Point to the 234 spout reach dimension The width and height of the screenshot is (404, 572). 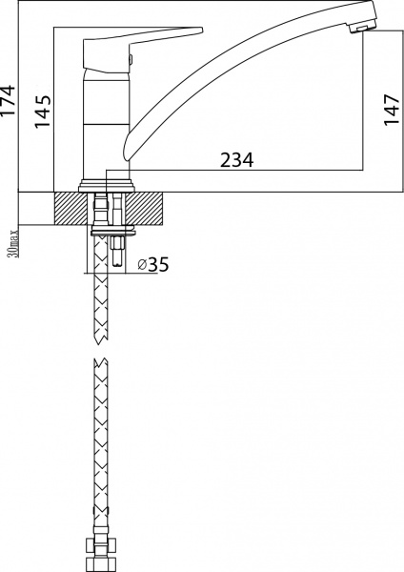[237, 161]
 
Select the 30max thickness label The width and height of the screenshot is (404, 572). [11, 241]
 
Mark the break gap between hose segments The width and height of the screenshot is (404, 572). [99, 352]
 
